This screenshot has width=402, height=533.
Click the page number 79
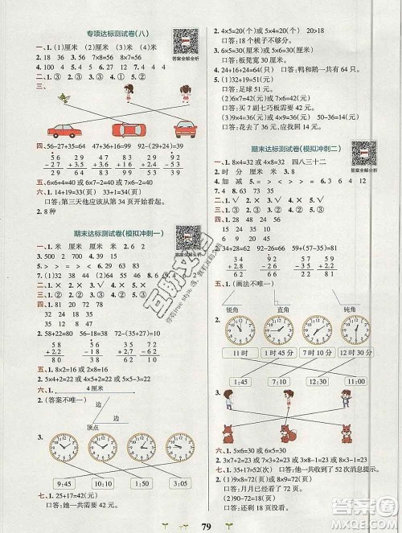tap(201, 523)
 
